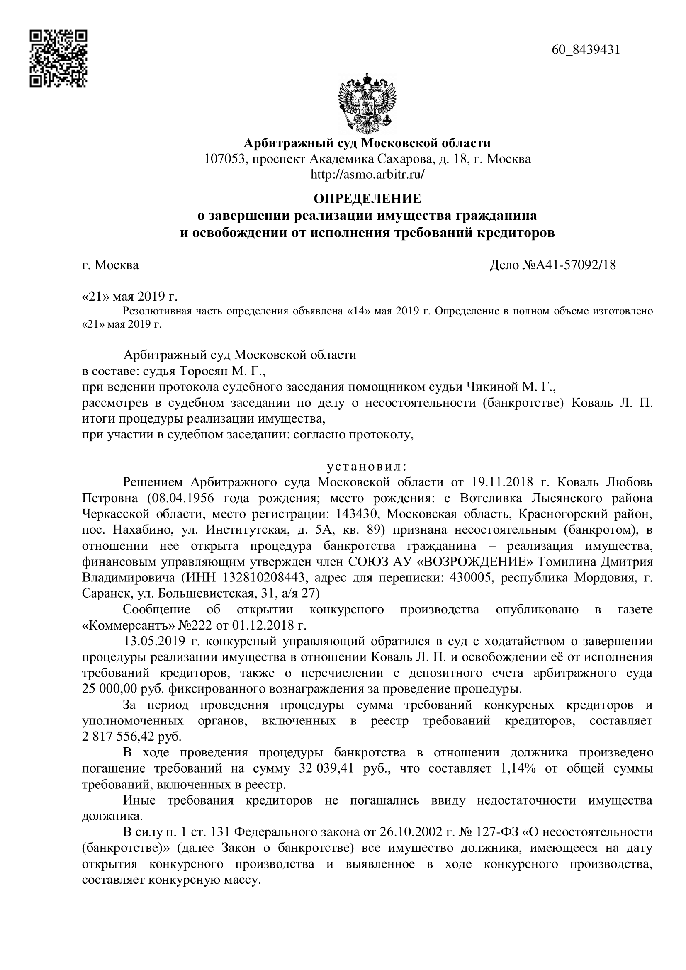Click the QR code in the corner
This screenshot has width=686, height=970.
pos(58,58)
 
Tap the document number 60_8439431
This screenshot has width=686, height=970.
pos(586,50)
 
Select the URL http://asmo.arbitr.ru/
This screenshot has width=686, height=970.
pos(367,174)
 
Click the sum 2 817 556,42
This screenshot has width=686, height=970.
pos(119,737)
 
